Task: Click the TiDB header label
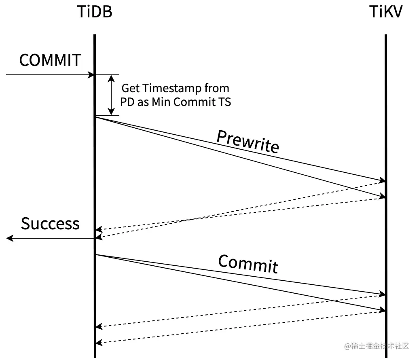(94, 13)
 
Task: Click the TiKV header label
(386, 13)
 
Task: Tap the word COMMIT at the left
(50, 61)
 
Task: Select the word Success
(50, 224)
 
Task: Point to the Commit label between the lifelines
(248, 264)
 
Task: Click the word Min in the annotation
(161, 102)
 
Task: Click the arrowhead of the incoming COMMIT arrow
(92, 75)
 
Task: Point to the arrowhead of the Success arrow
(10, 239)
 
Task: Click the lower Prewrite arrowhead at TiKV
(382, 197)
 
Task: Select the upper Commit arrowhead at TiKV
(382, 294)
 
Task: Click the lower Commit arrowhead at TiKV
(382, 310)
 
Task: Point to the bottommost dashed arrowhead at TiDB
(99, 343)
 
